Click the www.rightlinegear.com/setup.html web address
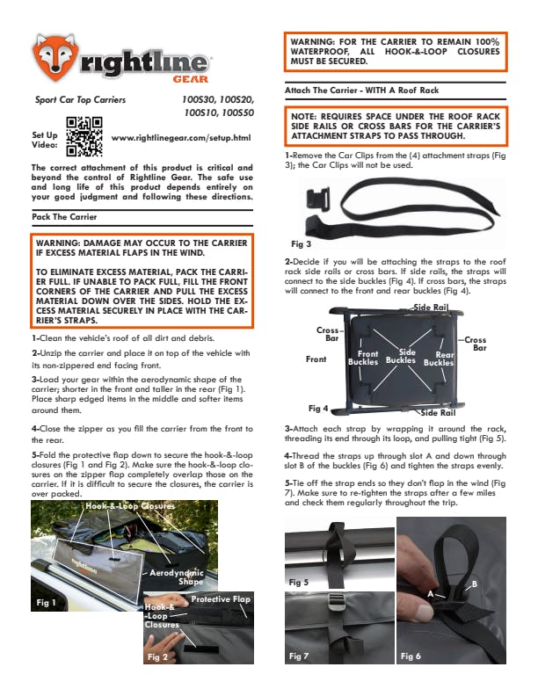[x=182, y=138]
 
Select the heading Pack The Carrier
[x=63, y=215]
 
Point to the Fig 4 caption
[x=318, y=409]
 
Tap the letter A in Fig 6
[x=431, y=595]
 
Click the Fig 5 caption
[x=299, y=582]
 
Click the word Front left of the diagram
[x=316, y=359]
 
